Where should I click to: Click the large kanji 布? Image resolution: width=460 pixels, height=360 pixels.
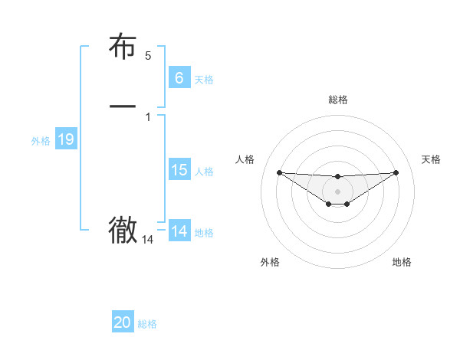coord(123,47)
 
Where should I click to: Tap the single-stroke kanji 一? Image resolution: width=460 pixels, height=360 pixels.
coord(123,106)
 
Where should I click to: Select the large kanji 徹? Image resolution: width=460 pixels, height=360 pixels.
coord(123,230)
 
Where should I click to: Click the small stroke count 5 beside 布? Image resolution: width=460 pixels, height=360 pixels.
coord(148,56)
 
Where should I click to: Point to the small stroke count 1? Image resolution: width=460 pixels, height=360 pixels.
coord(148,116)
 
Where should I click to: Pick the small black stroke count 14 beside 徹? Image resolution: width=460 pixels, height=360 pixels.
coord(148,240)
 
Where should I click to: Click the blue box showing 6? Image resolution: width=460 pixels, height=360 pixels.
coord(179,77)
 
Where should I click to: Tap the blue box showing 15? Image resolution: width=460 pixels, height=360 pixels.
coord(179,170)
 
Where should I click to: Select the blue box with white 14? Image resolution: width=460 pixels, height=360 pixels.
coord(179,231)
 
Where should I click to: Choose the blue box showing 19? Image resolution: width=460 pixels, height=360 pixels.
coord(65,139)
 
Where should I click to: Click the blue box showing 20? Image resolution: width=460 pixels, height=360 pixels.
coord(123,323)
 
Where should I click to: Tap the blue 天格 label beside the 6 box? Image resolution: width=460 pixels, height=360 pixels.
coord(204,80)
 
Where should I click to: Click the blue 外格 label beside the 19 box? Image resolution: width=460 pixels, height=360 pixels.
coord(41,141)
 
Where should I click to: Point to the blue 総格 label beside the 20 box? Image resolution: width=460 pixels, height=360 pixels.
coord(147,325)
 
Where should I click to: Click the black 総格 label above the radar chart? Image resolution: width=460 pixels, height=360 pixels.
coord(337,100)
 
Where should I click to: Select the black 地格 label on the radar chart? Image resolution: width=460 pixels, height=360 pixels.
coord(402,262)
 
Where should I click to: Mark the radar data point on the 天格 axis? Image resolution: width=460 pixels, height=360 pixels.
coord(396,172)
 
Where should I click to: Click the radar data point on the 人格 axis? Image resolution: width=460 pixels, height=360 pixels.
coord(279,172)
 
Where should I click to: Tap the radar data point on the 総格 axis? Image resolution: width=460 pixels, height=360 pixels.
coord(337,177)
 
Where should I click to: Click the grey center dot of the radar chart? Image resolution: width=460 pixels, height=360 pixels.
coord(337,191)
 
